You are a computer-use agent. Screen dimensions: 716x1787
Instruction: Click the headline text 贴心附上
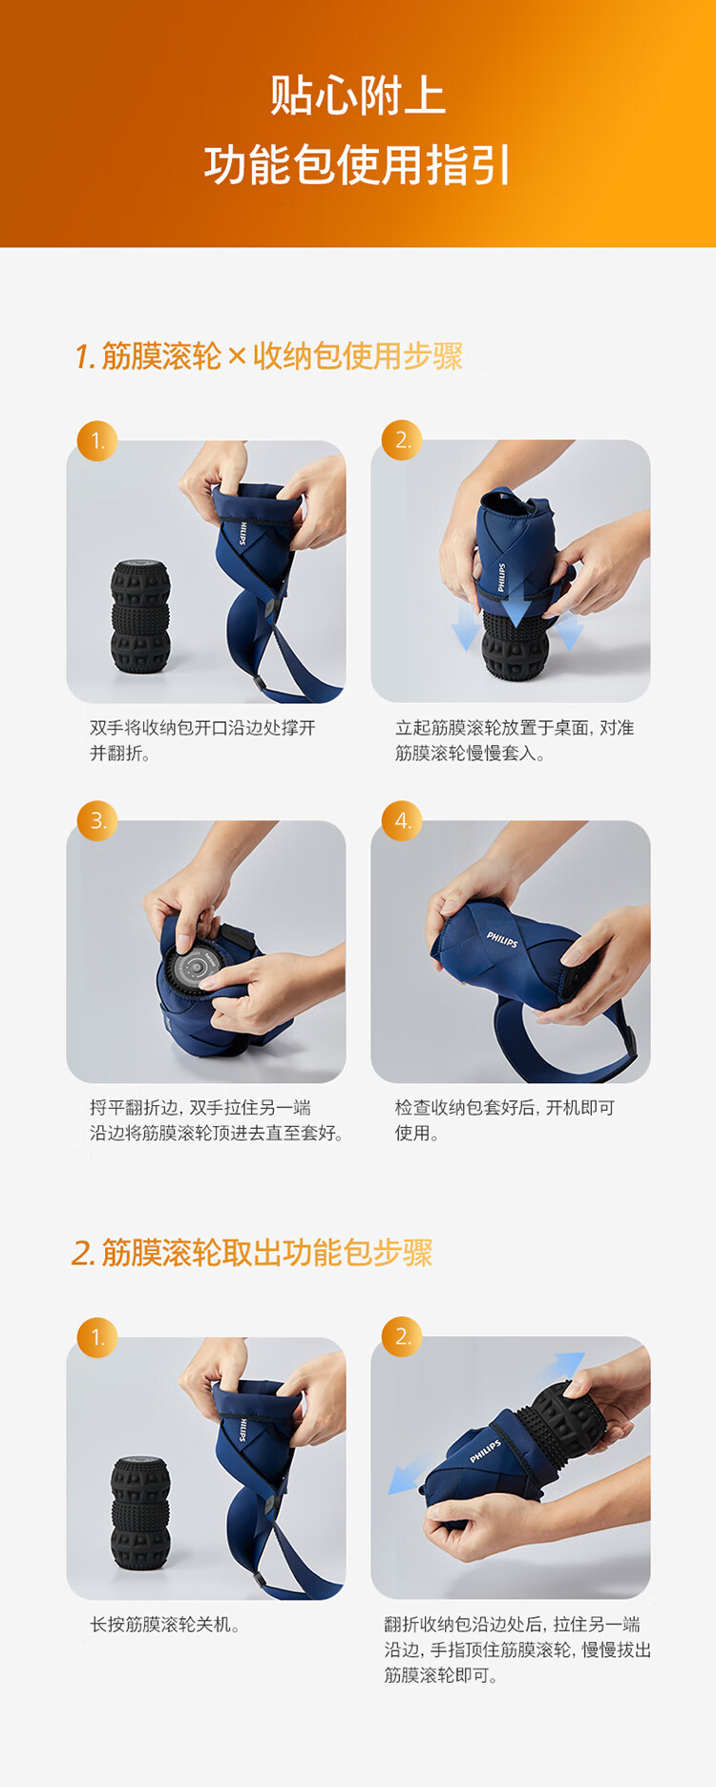coord(358,96)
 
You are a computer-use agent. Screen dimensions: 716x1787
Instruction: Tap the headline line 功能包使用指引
coord(358,164)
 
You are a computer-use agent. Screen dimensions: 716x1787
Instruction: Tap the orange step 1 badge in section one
coord(97,440)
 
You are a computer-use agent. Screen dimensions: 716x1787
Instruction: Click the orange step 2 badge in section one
coord(402,440)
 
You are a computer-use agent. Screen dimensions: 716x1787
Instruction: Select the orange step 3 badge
coord(97,820)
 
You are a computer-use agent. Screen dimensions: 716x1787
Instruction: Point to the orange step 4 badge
coord(402,820)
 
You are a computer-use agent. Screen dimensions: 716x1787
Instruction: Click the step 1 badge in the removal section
coord(97,1337)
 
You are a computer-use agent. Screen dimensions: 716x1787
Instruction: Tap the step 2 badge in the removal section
coord(402,1336)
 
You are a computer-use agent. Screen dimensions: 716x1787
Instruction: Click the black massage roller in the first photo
coord(141,617)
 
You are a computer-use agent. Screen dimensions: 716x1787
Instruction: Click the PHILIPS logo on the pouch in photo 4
coord(502,940)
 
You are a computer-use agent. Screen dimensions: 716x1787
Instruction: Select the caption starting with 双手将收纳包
coord(202,740)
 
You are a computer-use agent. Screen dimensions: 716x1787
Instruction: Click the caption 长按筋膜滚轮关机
coord(165,1625)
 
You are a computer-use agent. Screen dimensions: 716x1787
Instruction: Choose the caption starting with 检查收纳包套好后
coord(505,1120)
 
